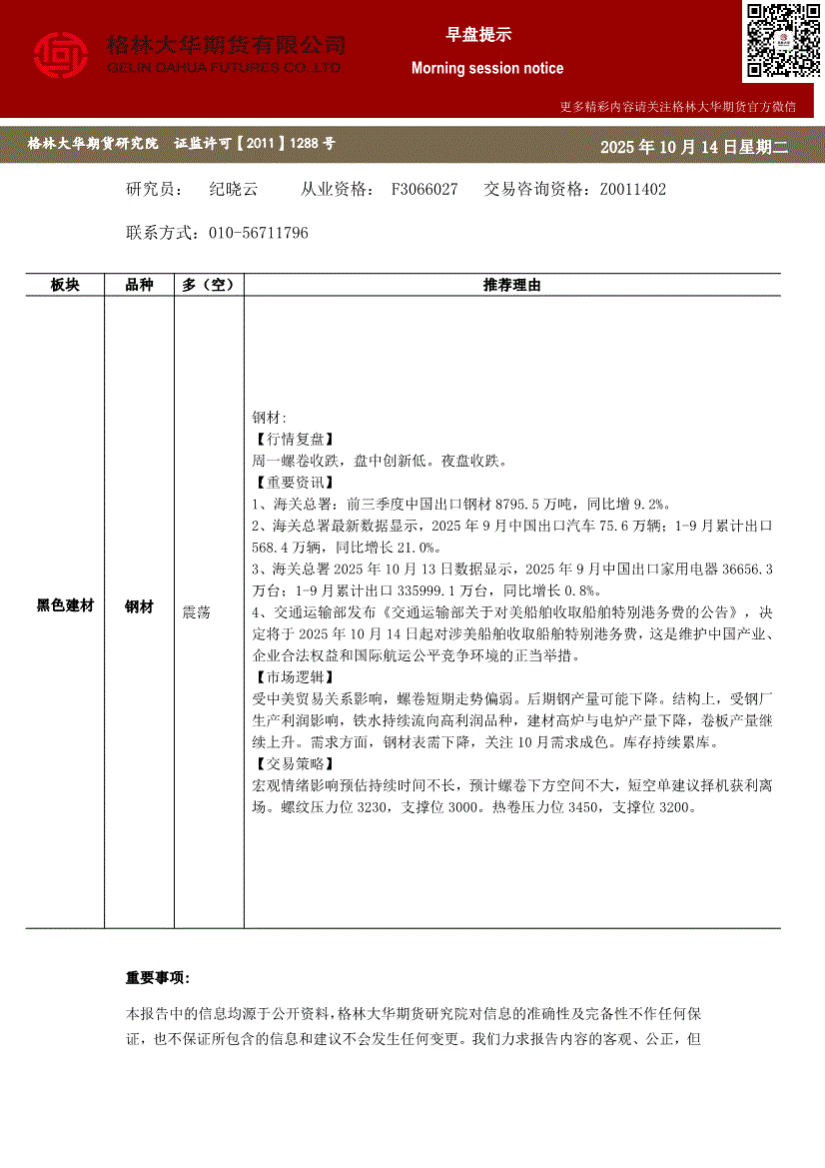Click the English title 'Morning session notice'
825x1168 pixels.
(x=487, y=69)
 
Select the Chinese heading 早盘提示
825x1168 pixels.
(x=478, y=35)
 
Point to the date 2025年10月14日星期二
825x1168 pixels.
(x=694, y=147)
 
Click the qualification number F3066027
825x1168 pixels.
(x=424, y=189)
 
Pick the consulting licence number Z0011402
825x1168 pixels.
(x=632, y=189)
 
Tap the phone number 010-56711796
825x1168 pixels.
(x=259, y=233)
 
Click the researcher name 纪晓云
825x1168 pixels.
(x=234, y=189)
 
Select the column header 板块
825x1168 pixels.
(x=65, y=286)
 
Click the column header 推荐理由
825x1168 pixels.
(x=511, y=286)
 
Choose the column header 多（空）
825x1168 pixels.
(x=208, y=286)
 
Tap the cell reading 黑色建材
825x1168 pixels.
(x=65, y=606)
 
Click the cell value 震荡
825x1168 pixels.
(x=197, y=611)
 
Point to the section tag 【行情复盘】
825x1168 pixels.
(x=292, y=439)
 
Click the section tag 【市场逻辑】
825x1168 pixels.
(x=292, y=676)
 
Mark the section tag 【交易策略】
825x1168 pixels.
(x=292, y=763)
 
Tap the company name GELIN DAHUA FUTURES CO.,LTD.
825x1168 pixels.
(x=226, y=68)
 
